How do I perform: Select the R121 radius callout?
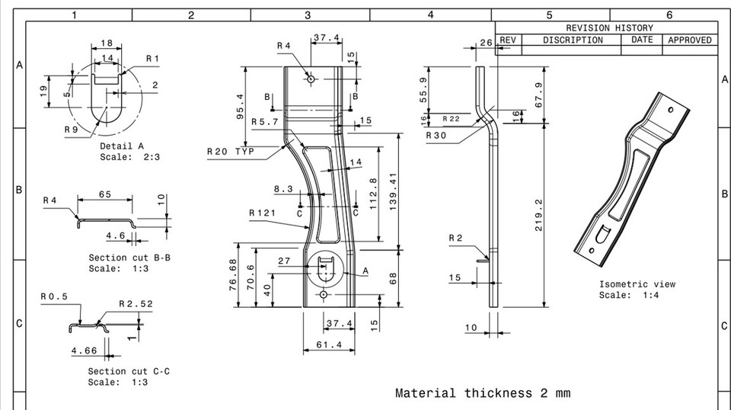point(262,213)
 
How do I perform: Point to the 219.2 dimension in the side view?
point(538,216)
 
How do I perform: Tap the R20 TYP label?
point(230,152)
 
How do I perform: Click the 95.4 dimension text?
point(241,107)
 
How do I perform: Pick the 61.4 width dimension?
point(328,345)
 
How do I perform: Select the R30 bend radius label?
point(437,135)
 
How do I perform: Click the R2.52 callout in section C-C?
point(136,303)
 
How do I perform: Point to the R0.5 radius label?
point(54,296)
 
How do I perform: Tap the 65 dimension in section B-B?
point(104,194)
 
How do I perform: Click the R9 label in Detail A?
point(71,130)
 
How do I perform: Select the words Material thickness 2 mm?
point(482,393)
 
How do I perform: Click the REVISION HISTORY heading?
point(609,27)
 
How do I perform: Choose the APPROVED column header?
point(689,40)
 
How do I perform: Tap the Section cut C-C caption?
point(129,371)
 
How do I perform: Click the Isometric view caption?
point(637,284)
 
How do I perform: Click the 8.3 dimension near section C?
point(283,189)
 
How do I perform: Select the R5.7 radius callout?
point(265,121)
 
